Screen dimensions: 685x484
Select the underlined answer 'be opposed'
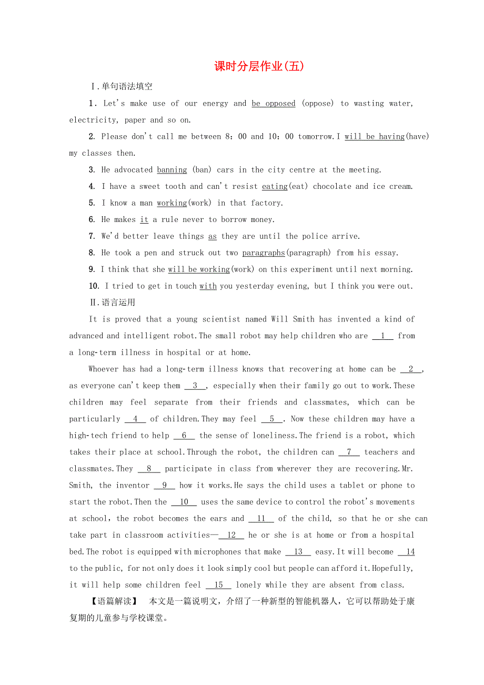[274, 104]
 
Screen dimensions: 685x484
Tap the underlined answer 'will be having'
[375, 137]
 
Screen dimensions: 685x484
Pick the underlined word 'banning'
[172, 170]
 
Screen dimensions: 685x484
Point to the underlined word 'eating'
[275, 186]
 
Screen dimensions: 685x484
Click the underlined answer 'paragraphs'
[264, 253]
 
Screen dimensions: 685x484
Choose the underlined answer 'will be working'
[199, 269]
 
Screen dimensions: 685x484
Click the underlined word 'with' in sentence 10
[208, 286]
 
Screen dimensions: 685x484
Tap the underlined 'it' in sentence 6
[144, 220]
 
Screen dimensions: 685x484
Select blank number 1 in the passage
[383, 336]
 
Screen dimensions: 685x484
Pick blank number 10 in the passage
[184, 502]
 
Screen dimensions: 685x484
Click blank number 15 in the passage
[218, 585]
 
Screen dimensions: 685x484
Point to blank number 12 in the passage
[231, 535]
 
